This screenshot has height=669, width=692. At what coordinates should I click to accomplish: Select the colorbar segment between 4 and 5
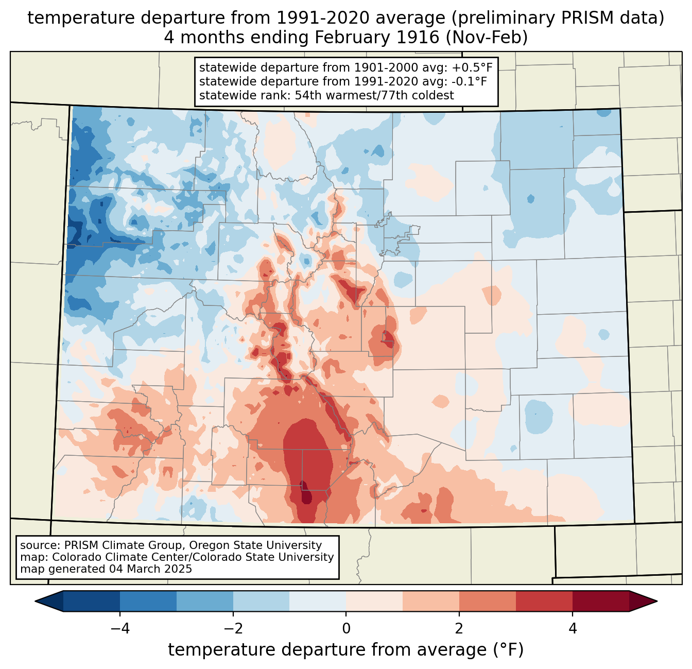[600, 601]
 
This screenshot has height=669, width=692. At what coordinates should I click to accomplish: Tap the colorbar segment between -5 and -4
[92, 601]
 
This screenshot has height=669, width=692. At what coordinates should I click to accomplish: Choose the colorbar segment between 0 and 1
[374, 601]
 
